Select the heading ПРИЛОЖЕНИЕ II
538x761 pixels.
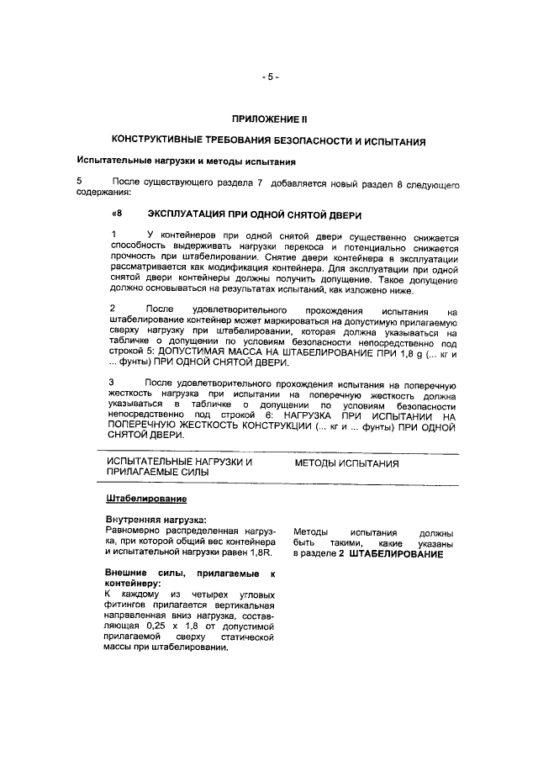click(x=269, y=119)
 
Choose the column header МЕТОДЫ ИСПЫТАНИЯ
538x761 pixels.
click(x=345, y=463)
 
